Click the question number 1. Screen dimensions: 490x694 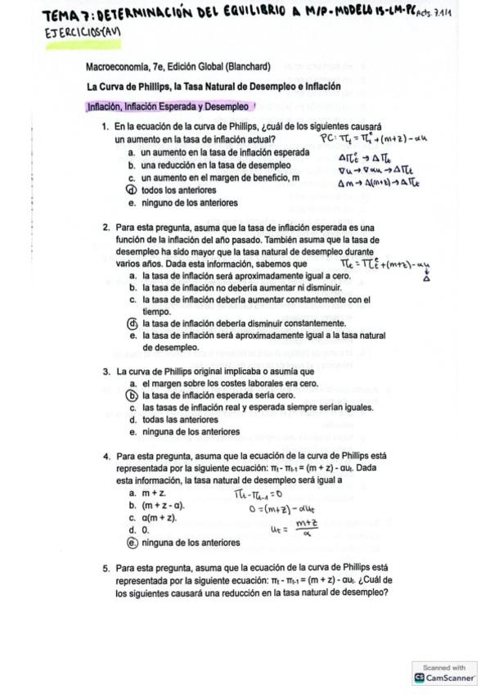(x=106, y=128)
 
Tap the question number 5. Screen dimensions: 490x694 (x=106, y=566)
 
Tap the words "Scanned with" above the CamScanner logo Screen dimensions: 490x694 (x=444, y=666)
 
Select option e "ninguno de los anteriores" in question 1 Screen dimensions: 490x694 (x=189, y=202)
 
